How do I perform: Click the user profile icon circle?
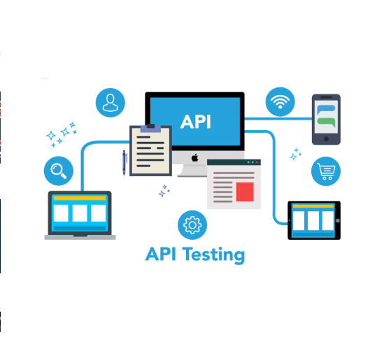coord(110,103)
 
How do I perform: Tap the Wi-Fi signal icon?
coord(280,102)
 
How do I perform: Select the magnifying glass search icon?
coord(59,171)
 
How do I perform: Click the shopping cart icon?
coord(326,171)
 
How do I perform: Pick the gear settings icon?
coord(192,225)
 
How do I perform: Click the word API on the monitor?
coord(196,122)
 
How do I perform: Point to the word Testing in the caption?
coord(214,254)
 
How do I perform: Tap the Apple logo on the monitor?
coord(195,158)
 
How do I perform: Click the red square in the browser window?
coord(245,192)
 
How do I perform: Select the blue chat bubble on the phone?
coord(326,110)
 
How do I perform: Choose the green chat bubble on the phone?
coord(326,122)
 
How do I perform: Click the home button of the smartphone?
coord(326,139)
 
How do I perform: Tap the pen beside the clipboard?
coord(124,163)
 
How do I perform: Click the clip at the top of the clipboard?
coord(150,128)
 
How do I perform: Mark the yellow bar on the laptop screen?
coord(80,198)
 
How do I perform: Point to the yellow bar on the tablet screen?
coord(313,206)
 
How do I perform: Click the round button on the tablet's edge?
coord(338,221)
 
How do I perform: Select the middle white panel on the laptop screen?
coord(80,213)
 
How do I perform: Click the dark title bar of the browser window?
coord(234,162)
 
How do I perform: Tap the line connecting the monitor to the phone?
coord(278,119)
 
